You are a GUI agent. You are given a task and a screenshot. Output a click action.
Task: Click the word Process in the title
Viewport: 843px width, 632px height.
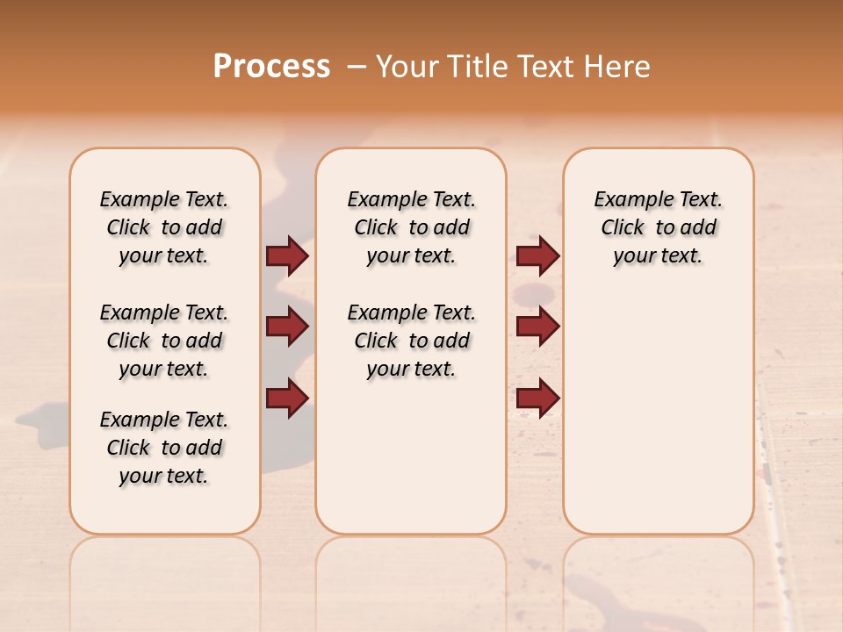271,67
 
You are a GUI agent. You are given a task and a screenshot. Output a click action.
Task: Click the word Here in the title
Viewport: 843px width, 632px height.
618,67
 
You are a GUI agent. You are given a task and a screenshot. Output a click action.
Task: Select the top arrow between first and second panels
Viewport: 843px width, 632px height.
287,255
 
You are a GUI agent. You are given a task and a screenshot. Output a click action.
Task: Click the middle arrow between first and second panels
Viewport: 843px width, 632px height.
287,327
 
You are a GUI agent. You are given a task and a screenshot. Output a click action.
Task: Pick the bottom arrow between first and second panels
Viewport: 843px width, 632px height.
287,398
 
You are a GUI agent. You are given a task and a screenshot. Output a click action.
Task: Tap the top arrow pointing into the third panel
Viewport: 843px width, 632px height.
537,255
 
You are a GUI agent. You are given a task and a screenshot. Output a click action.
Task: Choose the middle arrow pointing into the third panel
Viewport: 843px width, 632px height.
537,327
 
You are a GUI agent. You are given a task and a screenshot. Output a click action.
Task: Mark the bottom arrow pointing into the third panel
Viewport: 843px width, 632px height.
537,398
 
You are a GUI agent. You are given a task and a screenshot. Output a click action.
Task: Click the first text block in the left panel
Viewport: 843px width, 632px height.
164,227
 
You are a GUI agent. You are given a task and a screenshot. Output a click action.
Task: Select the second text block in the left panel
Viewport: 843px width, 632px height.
164,341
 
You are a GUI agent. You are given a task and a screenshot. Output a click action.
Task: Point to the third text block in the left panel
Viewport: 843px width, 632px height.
164,448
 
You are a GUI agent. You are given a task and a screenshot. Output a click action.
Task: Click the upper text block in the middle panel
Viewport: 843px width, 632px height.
411,227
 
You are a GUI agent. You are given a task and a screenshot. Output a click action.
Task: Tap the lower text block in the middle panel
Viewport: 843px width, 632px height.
411,341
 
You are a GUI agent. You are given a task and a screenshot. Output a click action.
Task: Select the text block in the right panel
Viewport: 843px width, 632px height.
658,227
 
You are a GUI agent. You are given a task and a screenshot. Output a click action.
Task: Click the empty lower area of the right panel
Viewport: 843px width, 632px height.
658,413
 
